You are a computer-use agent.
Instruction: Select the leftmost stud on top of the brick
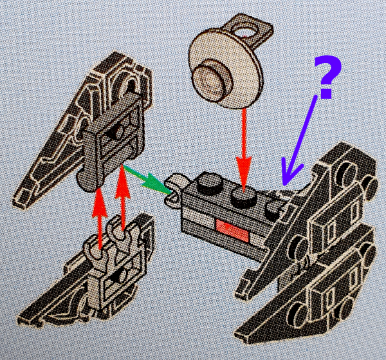(207, 183)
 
